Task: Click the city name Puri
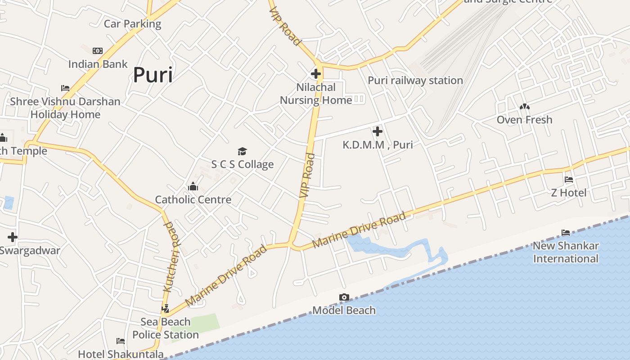tap(153, 75)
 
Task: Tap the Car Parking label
tap(132, 23)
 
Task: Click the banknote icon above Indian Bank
tap(98, 51)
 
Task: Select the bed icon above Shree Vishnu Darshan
tap(65, 88)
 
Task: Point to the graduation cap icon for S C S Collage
tap(243, 151)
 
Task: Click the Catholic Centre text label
tap(193, 199)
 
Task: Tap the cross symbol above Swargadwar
tap(13, 237)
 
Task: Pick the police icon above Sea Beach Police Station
tap(166, 309)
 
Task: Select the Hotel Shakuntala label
tap(121, 354)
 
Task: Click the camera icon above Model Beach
tap(344, 297)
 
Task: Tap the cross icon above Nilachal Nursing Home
tap(316, 74)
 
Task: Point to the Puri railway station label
tap(415, 81)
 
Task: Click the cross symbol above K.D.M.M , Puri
tap(378, 131)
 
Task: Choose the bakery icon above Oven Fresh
tap(524, 107)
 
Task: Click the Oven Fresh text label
tap(524, 120)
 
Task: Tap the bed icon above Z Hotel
tap(569, 180)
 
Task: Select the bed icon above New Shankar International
tap(566, 233)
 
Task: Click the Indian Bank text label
tap(98, 64)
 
